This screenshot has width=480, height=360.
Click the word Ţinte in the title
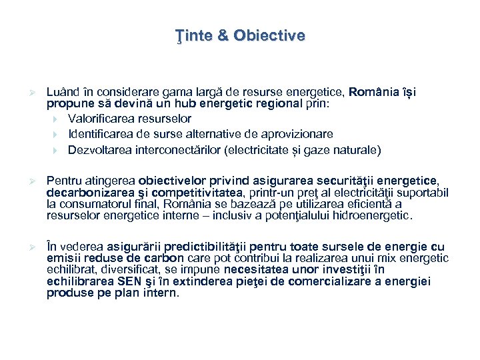(x=188, y=35)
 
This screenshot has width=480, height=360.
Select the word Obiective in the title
(x=269, y=35)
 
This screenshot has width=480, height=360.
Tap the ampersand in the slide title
(x=220, y=35)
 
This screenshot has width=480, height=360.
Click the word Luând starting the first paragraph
(x=61, y=91)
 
